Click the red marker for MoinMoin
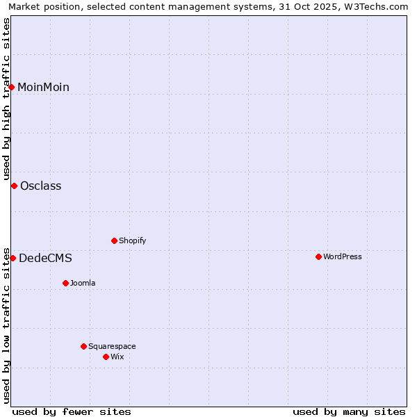[12, 87]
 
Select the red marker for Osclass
[14, 186]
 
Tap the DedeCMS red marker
[13, 258]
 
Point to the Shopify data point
[114, 240]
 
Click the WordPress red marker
[318, 256]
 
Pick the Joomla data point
[65, 283]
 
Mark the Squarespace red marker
[83, 346]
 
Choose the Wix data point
[106, 357]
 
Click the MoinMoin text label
[43, 87]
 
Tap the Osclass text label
[40, 186]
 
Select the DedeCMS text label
[45, 258]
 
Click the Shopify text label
[132, 240]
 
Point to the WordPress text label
[342, 256]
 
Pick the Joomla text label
[83, 283]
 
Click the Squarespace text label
[112, 346]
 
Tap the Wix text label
[117, 357]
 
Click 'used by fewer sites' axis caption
[72, 411]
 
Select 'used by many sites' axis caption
[349, 411]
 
